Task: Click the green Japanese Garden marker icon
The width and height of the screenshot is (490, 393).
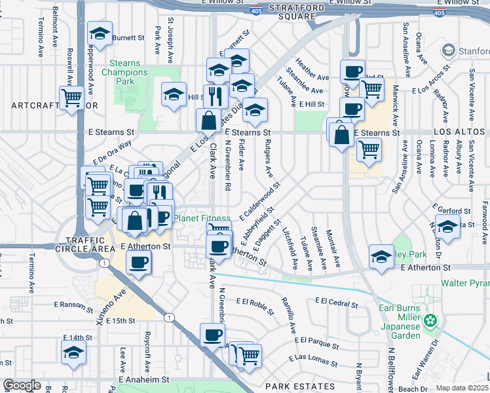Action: (x=430, y=321)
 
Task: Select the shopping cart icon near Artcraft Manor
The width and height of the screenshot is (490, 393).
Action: (x=72, y=100)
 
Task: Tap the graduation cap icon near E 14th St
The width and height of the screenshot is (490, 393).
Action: (x=74, y=352)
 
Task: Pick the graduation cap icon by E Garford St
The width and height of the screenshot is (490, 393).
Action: (x=447, y=227)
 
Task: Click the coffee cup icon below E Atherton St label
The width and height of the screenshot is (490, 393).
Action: (x=138, y=263)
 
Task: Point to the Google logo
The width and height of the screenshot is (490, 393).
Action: (x=22, y=385)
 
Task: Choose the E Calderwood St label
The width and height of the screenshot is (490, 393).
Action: (x=260, y=200)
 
